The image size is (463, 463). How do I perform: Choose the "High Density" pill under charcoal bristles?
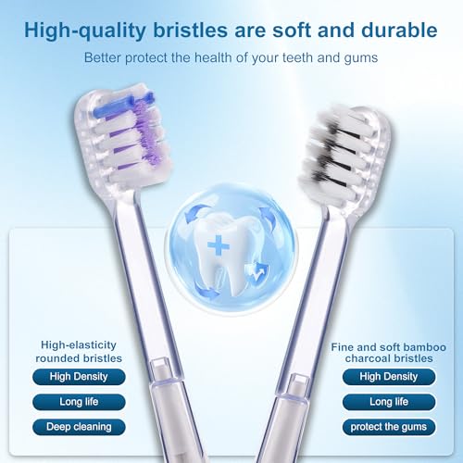click(388, 377)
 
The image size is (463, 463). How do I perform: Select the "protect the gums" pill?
click(388, 427)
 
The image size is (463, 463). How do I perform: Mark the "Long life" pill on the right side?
click(388, 402)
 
